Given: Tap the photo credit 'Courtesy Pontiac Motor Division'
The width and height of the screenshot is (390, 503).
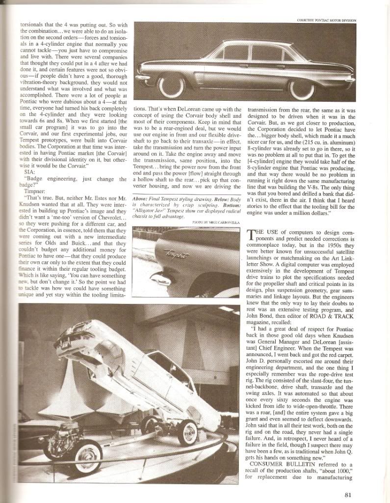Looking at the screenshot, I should click(327, 20).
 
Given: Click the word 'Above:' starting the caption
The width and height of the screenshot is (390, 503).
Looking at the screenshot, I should click(142, 197).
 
